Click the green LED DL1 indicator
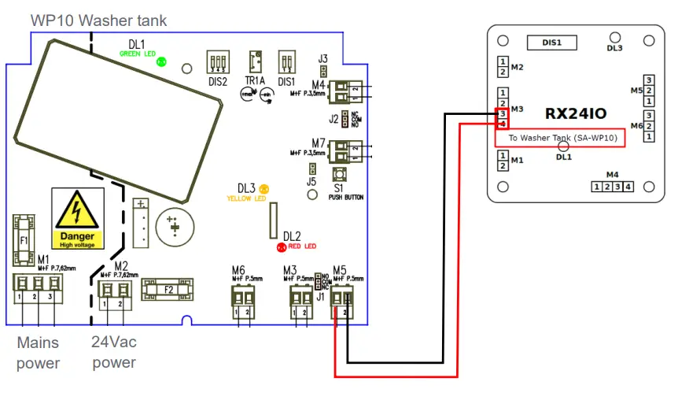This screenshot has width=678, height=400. (161, 61)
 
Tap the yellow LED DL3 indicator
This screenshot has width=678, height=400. (264, 188)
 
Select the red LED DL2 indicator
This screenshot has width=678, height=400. (281, 247)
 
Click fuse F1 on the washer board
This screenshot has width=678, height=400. (23, 240)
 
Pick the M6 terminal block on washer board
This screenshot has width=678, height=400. (243, 297)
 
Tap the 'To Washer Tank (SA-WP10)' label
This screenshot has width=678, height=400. (559, 138)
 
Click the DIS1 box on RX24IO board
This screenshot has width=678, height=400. (550, 43)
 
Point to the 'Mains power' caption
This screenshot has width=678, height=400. (39, 353)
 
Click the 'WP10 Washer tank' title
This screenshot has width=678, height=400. (99, 20)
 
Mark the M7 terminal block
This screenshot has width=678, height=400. (341, 150)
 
